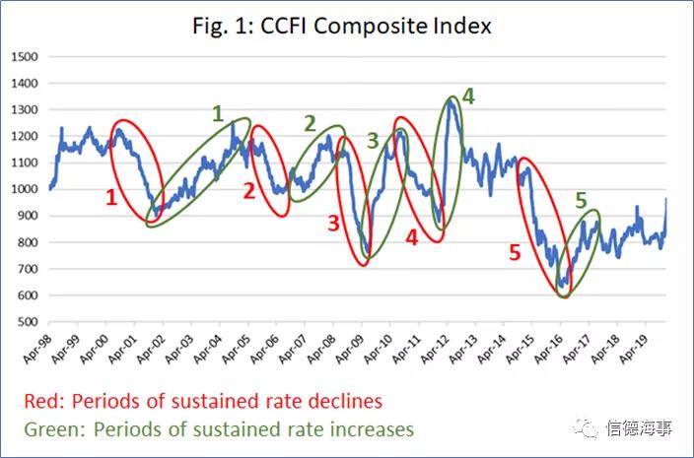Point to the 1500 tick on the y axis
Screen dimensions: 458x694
pos(25,56)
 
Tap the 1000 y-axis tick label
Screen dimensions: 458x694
pos(25,189)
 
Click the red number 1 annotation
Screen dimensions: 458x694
pos(111,197)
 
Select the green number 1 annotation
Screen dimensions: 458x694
pos(218,113)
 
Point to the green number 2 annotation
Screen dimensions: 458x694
pos(310,123)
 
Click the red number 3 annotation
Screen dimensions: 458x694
pos(333,224)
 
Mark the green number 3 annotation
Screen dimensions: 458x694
pos(373,141)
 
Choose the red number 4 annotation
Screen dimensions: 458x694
pos(411,236)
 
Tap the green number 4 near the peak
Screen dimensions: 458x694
pos(468,97)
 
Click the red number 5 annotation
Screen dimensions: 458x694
pos(514,253)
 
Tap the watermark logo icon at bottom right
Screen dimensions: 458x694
pos(590,429)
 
